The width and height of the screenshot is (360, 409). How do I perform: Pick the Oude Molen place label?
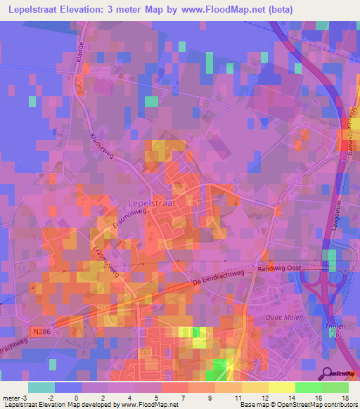283,317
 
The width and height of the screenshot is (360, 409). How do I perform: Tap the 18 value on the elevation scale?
345,398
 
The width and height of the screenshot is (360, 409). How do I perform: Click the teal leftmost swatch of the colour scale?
41,387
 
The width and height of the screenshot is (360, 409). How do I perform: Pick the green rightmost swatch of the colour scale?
335,387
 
